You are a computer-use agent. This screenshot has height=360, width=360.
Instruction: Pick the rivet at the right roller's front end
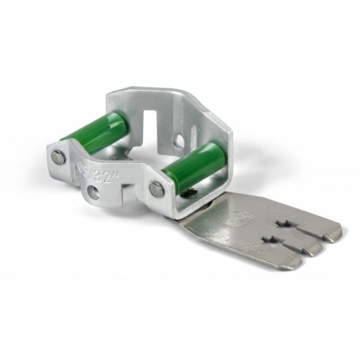tap(157, 188)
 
